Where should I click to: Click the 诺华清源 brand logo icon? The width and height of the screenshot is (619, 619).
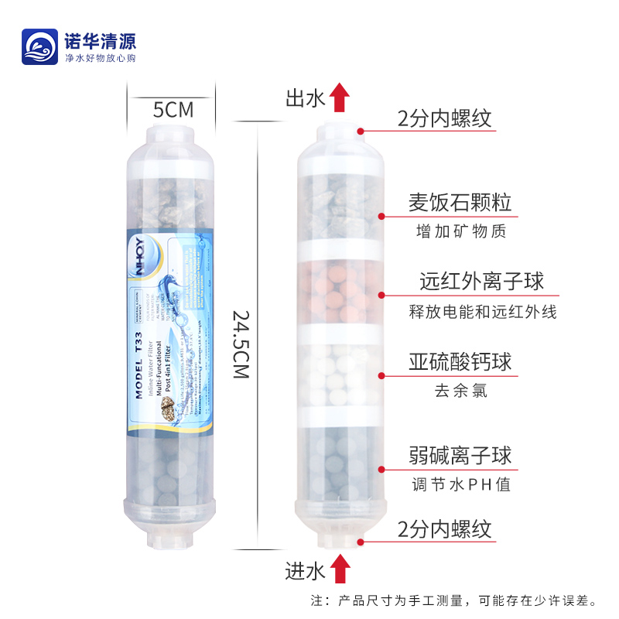pyautogui.click(x=39, y=46)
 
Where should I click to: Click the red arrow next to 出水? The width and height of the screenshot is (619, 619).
pyautogui.click(x=339, y=98)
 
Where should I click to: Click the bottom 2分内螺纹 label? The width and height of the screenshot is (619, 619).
pyautogui.click(x=444, y=530)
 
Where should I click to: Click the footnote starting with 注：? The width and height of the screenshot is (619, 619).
pyautogui.click(x=453, y=600)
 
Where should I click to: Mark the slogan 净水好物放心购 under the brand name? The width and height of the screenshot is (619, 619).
pyautogui.click(x=100, y=59)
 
